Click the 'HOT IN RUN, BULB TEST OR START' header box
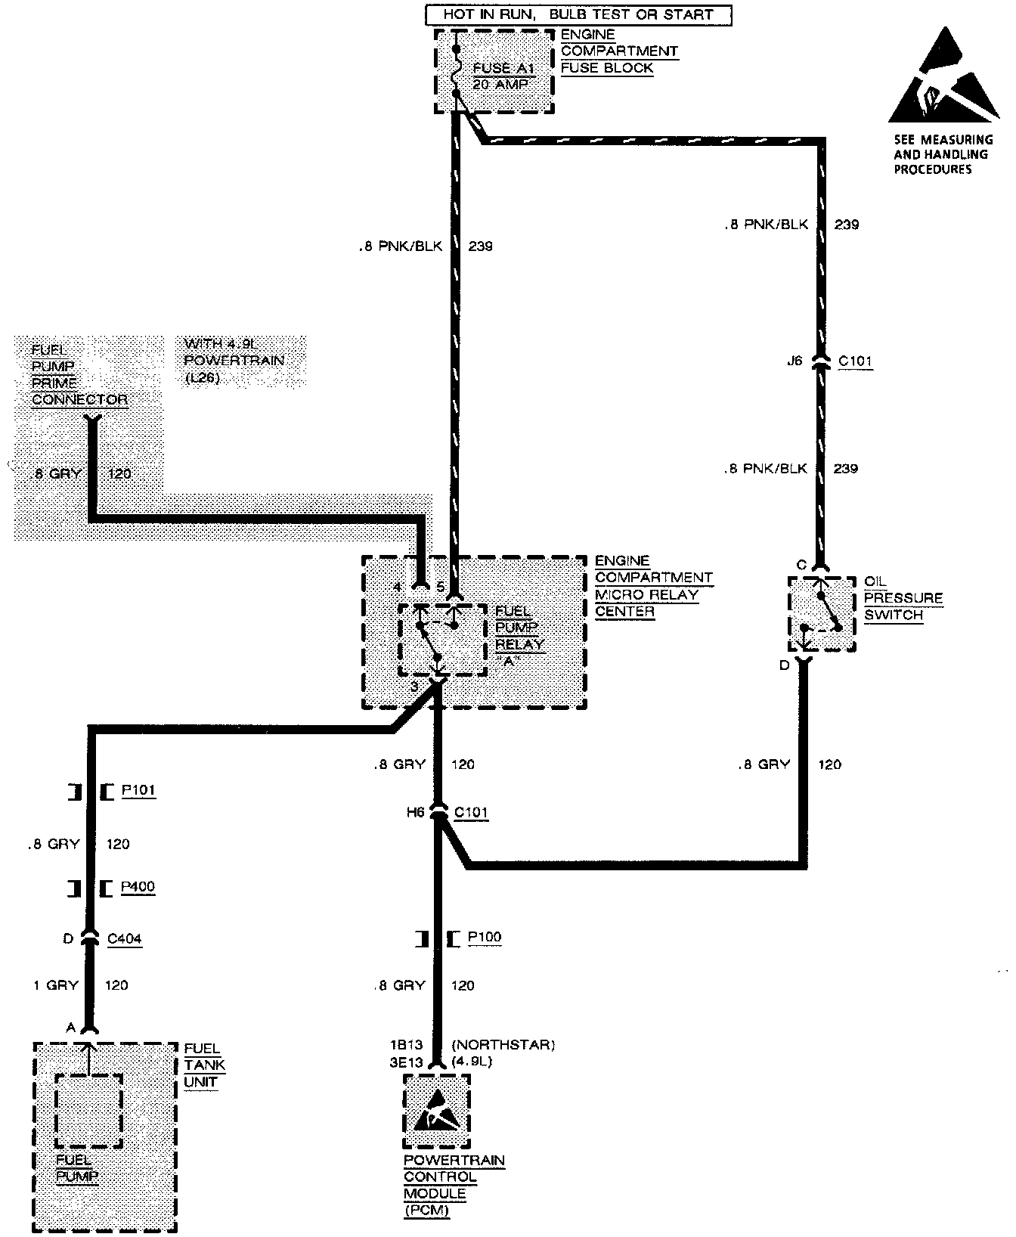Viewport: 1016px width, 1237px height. click(578, 14)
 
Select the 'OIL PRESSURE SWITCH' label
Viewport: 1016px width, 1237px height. click(903, 598)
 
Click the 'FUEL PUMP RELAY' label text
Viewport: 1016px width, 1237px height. click(519, 628)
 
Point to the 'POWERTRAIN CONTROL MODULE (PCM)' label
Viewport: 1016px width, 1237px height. click(454, 1185)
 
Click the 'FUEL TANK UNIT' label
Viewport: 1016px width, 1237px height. click(203, 1065)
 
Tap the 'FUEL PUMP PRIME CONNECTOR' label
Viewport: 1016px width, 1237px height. click(79, 374)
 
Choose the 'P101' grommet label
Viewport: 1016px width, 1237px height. click(138, 791)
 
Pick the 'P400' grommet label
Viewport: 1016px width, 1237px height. click(138, 887)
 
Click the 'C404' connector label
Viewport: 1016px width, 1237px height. click(124, 939)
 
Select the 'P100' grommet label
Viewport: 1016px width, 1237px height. click(484, 938)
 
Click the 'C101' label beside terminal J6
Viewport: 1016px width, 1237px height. click(855, 361)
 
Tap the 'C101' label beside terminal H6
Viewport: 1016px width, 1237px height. click(470, 813)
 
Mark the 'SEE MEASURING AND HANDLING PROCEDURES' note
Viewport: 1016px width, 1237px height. click(943, 154)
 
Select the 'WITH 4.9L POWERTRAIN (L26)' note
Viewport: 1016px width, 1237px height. click(234, 360)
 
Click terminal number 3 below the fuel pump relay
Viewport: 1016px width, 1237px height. click(414, 687)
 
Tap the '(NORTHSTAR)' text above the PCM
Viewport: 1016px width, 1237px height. click(503, 1045)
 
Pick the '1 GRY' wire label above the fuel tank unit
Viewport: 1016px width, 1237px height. click(55, 985)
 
